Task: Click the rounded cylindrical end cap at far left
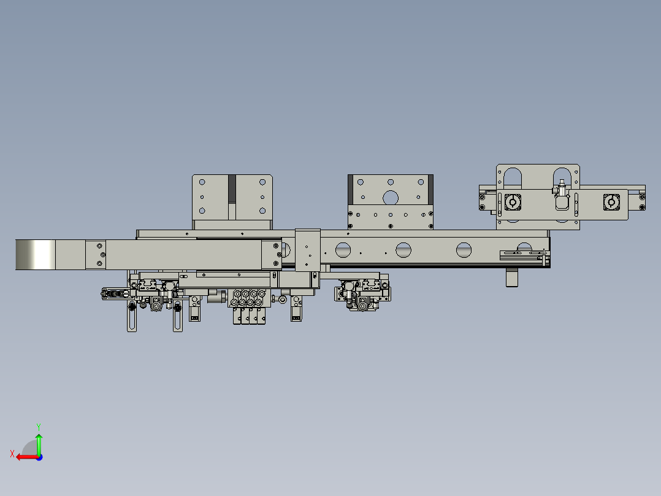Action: pyautogui.click(x=34, y=254)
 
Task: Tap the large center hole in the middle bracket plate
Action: pyautogui.click(x=390, y=197)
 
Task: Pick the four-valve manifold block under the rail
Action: pyautogui.click(x=248, y=307)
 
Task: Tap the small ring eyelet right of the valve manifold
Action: pyautogui.click(x=282, y=300)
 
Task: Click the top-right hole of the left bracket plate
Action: pyautogui.click(x=262, y=182)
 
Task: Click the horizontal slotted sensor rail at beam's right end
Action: pyautogui.click(x=523, y=252)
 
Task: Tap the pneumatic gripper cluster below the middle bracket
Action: pyautogui.click(x=362, y=295)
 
